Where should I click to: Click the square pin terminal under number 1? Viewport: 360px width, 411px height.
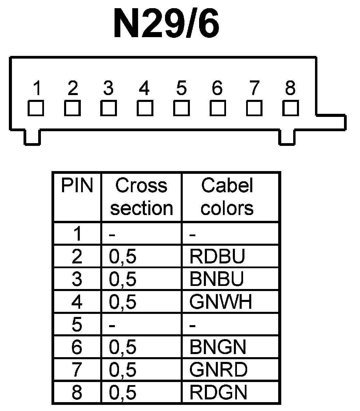pos(36,108)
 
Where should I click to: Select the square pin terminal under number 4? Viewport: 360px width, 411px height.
pos(145,108)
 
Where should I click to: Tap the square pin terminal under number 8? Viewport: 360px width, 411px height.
pos(290,108)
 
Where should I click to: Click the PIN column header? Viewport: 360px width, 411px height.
pos(77,186)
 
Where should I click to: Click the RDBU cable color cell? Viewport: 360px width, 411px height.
pos(217,257)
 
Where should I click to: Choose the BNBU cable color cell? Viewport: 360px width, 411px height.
pos(217,279)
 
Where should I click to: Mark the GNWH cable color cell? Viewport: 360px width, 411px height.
pos(221,302)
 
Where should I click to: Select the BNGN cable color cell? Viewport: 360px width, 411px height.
pos(218,347)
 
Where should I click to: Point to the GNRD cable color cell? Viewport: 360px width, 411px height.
pos(218,370)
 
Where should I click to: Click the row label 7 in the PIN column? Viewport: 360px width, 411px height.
pos(77,370)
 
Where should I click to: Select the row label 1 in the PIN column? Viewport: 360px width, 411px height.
pos(77,234)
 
